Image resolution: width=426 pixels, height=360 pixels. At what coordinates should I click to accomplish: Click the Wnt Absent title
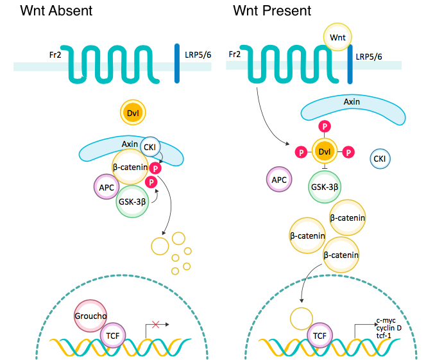(x=56, y=11)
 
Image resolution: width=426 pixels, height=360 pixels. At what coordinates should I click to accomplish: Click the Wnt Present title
(x=272, y=11)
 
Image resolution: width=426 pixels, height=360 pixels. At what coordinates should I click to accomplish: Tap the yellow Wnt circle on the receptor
(x=337, y=37)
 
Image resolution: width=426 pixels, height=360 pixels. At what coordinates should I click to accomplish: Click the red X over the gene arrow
(x=154, y=325)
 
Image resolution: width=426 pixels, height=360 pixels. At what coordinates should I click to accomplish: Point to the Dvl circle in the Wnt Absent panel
(x=133, y=114)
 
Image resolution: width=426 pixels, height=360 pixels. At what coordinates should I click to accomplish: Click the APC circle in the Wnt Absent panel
(x=106, y=188)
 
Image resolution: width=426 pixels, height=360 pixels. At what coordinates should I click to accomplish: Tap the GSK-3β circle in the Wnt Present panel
(x=325, y=187)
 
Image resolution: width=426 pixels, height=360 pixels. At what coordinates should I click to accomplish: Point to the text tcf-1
(x=385, y=336)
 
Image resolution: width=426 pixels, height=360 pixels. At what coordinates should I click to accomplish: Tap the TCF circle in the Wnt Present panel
(x=318, y=335)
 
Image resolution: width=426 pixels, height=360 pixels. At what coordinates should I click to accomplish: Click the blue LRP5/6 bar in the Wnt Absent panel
(x=176, y=64)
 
